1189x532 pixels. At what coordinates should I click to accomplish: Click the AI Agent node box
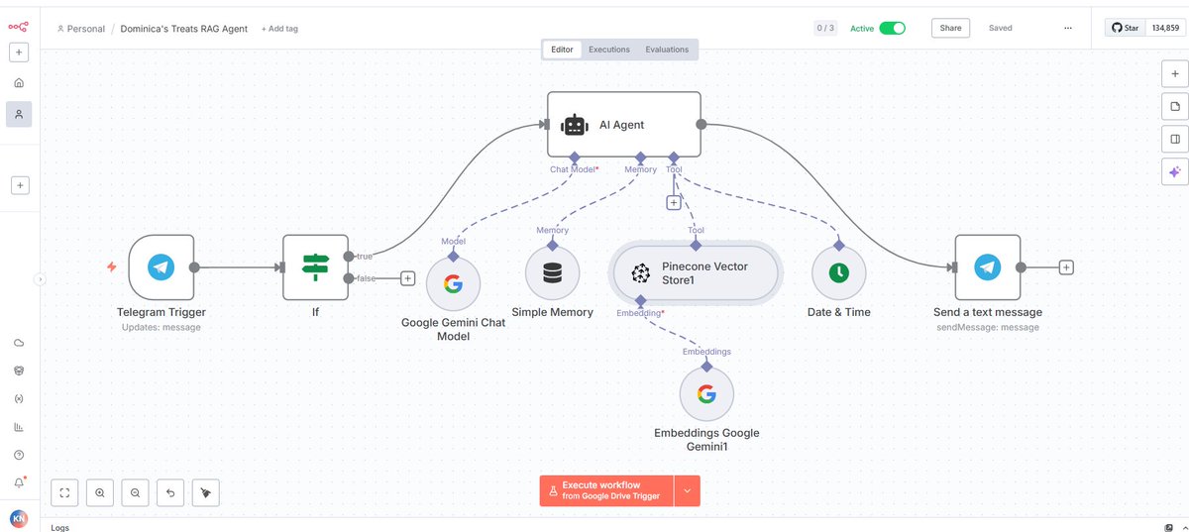click(x=624, y=125)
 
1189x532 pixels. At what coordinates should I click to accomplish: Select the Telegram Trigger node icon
click(x=161, y=266)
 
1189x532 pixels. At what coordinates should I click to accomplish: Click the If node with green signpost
click(x=315, y=266)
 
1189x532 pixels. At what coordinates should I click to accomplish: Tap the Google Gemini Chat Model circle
click(x=453, y=284)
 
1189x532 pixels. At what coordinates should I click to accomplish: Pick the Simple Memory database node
click(x=552, y=273)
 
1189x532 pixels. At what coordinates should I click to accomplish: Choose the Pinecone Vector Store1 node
click(x=696, y=272)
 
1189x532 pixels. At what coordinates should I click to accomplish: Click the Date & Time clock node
click(x=838, y=273)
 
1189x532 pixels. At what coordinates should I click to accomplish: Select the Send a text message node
click(x=987, y=266)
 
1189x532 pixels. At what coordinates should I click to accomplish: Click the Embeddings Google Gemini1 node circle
click(x=706, y=394)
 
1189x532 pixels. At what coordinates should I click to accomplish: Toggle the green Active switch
click(x=892, y=28)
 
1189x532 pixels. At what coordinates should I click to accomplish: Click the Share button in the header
click(x=950, y=28)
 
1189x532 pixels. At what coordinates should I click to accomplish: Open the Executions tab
click(x=608, y=50)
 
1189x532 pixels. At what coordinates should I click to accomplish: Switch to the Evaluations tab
click(x=667, y=50)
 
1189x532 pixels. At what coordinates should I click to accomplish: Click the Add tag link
click(x=279, y=29)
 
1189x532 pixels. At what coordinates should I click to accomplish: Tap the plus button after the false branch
click(x=407, y=278)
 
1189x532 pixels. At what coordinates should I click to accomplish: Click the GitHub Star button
click(x=1125, y=28)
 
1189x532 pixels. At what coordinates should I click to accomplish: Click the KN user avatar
click(x=18, y=518)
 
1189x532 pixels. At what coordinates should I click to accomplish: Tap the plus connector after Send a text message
click(x=1066, y=266)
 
